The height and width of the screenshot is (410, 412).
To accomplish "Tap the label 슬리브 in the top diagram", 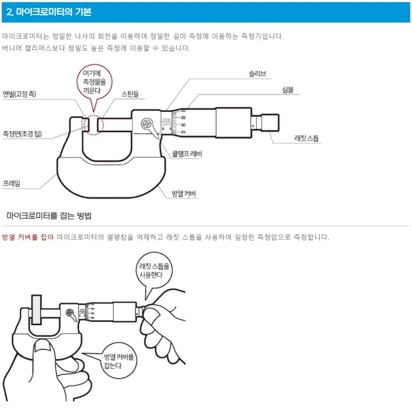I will coord(257,74).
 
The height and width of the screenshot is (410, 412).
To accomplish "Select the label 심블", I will coord(287,90).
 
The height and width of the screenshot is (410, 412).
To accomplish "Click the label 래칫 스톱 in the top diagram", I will coord(306,138).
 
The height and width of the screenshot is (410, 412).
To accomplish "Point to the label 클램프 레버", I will coord(187,154).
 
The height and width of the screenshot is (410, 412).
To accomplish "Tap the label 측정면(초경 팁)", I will coord(22,133).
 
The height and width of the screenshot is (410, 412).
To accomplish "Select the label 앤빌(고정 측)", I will coord(19,94).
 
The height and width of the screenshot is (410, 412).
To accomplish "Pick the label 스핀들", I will coord(130,94).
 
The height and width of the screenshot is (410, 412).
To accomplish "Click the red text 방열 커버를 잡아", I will coord(28,238).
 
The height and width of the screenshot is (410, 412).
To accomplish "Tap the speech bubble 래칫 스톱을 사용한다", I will coord(154,270).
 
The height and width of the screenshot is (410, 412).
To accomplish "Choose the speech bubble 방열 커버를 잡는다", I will coord(118,361).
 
